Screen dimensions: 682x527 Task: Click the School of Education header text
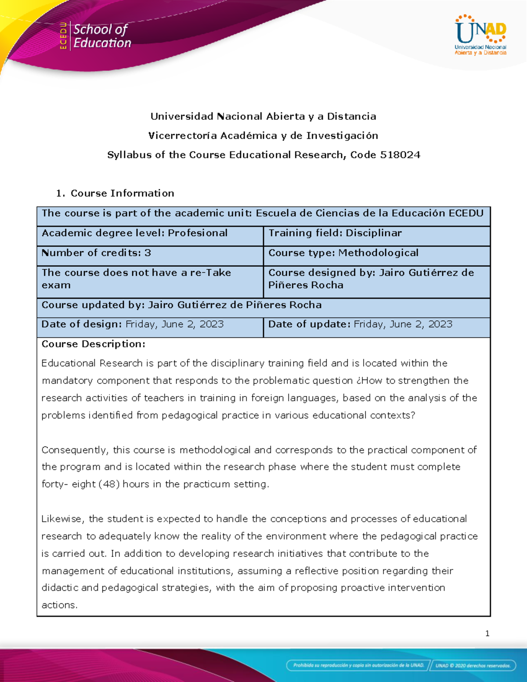point(101,36)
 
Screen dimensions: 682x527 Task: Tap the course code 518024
point(400,155)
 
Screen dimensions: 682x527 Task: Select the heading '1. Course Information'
point(116,193)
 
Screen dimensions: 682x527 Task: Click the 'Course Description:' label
point(93,344)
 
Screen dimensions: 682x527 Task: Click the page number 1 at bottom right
point(487,633)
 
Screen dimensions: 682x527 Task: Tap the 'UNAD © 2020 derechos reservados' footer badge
point(473,665)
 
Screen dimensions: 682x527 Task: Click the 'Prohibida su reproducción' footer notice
point(358,665)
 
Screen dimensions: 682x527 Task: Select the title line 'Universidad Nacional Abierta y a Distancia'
point(263,116)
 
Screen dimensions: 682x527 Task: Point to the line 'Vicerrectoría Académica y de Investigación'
point(263,136)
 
